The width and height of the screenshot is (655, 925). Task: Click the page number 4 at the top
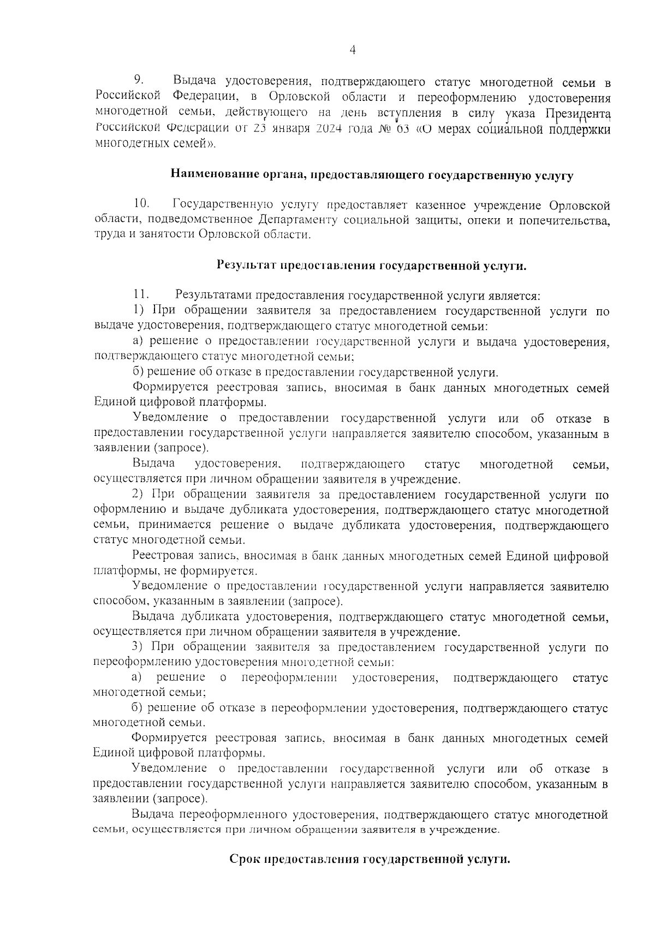pyautogui.click(x=352, y=51)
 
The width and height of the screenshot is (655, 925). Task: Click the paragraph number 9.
pyautogui.click(x=139, y=81)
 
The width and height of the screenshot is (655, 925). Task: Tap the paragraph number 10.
pyautogui.click(x=141, y=204)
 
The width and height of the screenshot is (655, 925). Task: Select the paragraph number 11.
pyautogui.click(x=141, y=295)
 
